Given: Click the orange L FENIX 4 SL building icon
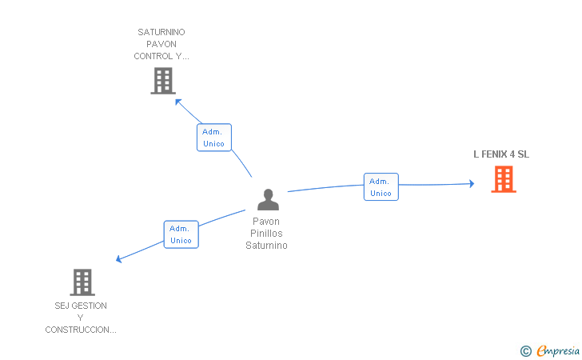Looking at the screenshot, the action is pos(504,179).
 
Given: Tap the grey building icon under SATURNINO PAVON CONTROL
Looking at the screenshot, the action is pos(163,81).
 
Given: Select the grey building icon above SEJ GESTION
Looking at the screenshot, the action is pos(82,282).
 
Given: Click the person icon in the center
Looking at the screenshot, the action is pos(268,199).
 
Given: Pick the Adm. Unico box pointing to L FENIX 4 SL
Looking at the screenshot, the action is pos(381,187).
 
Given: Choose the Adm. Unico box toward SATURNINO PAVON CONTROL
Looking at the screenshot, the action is pos(214,138).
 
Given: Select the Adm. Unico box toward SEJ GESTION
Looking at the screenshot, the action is pos(181,234).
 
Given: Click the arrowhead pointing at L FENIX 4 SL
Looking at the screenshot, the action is pos(472,183).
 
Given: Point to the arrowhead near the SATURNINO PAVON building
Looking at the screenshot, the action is pos(178,102).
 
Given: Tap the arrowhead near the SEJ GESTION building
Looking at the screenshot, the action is pos(119,258).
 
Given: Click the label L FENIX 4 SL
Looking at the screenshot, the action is pos(501,154).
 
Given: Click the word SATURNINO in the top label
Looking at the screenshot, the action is pos(161,32).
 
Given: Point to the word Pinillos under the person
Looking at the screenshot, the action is pos(266,234).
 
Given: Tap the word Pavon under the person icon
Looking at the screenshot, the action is pos(266,222).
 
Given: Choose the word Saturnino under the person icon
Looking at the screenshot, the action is pos(266,246).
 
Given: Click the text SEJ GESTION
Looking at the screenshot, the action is pos(81,306).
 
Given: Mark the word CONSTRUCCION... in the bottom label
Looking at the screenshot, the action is pos(81,330).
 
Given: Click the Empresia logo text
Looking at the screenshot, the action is pos(558,350).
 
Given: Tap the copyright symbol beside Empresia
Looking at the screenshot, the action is pos(525,351).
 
